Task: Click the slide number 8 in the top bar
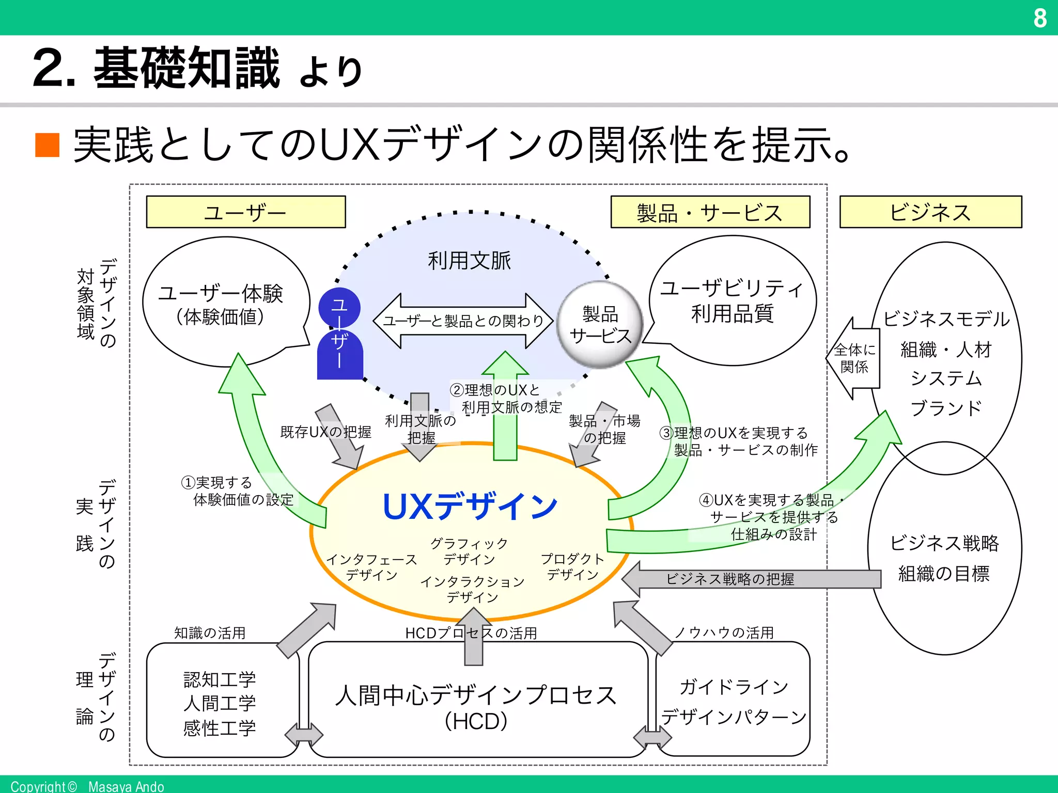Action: (x=1039, y=18)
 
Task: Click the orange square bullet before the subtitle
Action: (x=48, y=145)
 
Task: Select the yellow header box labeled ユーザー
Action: (x=245, y=212)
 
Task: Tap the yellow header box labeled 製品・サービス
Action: (x=710, y=212)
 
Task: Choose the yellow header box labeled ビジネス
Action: (x=930, y=212)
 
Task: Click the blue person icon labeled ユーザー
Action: (x=339, y=334)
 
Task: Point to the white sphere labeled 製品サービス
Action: (x=600, y=325)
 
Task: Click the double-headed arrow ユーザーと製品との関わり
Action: (x=463, y=321)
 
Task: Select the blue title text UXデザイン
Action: (x=470, y=506)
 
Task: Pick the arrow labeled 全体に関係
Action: (x=855, y=358)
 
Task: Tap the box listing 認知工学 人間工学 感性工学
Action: (x=220, y=703)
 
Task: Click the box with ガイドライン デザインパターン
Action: (x=734, y=702)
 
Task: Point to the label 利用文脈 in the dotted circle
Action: (x=469, y=260)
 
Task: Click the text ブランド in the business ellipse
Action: (x=945, y=408)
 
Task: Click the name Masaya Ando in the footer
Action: (x=126, y=786)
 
